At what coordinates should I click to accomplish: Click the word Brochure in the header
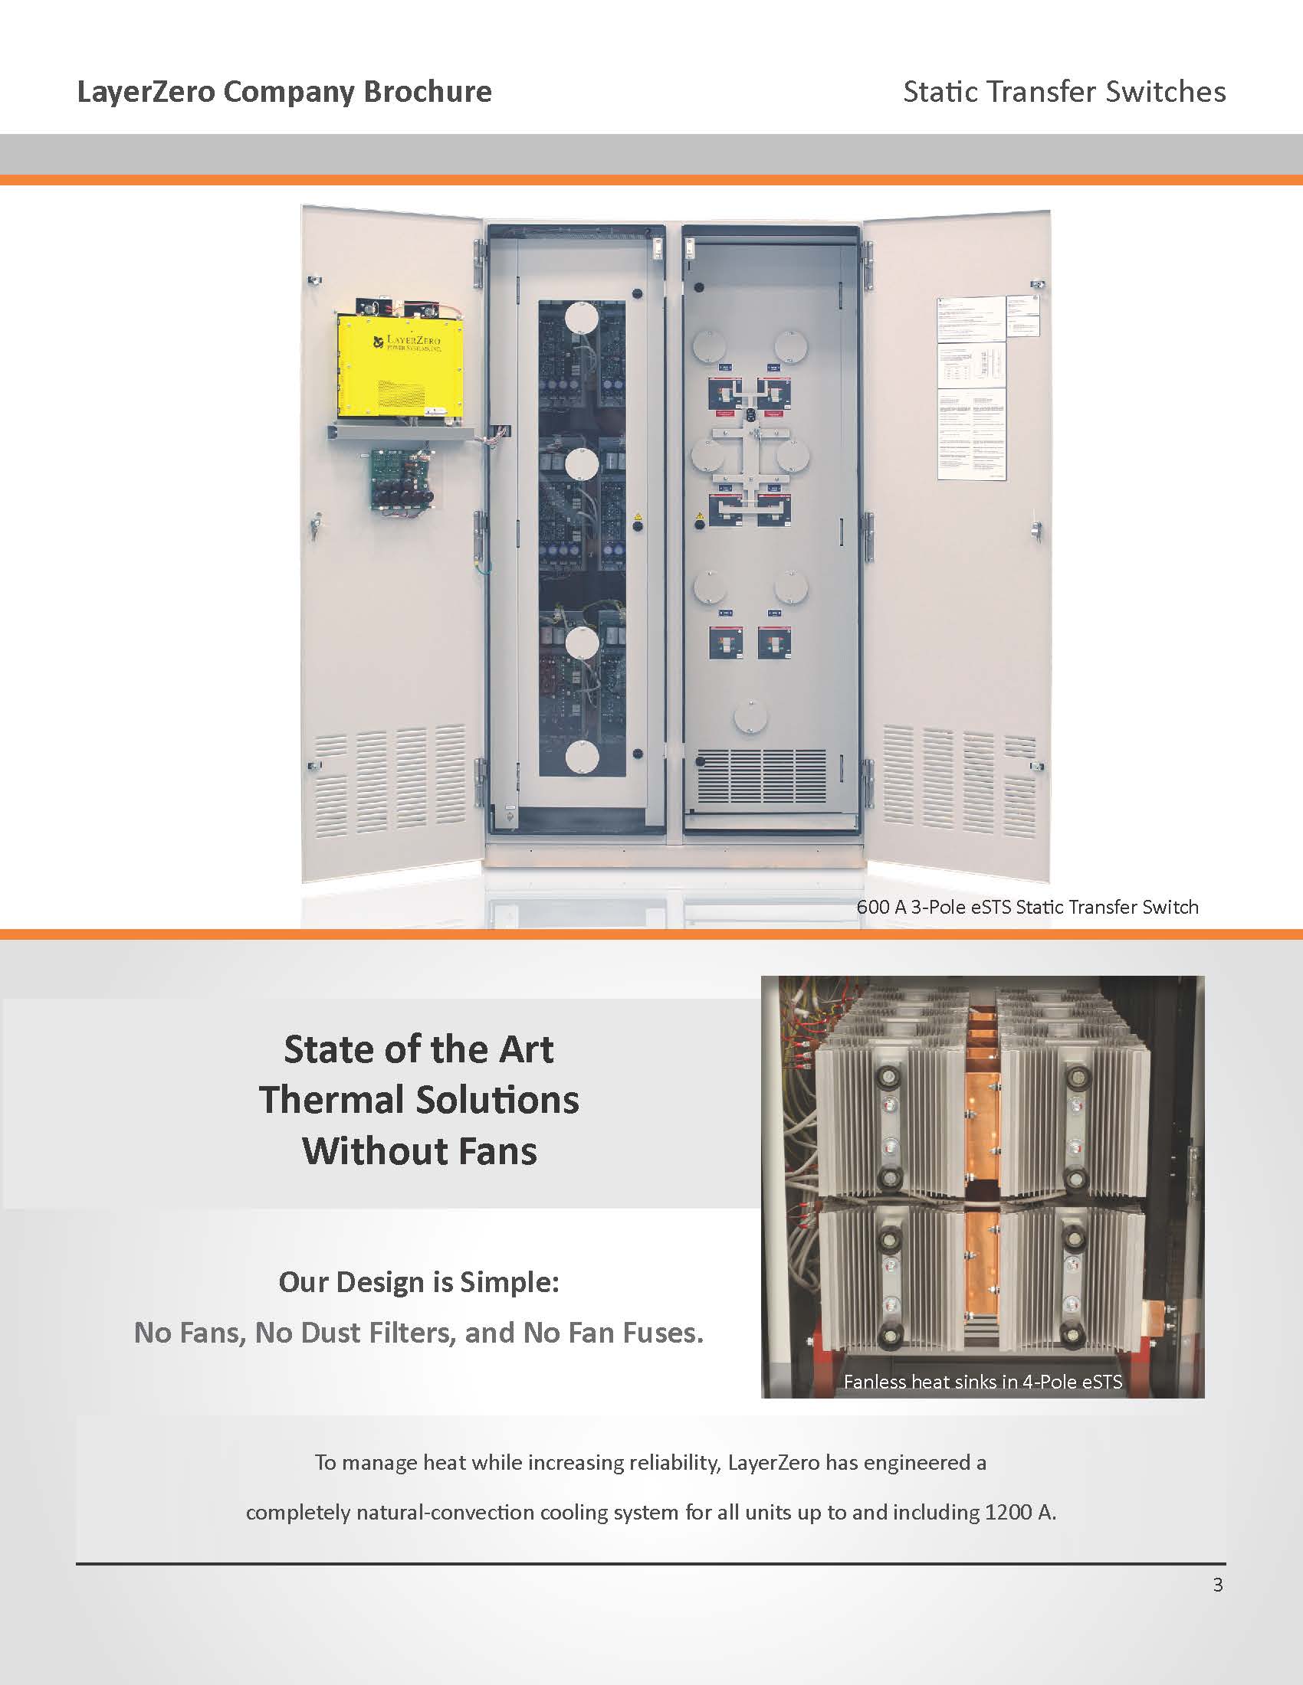click(427, 92)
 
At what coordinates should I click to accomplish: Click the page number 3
click(1218, 1585)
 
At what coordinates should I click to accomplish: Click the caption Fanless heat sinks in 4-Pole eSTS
click(982, 1382)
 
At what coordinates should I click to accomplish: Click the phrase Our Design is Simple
click(418, 1281)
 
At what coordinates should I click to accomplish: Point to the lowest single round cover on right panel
click(750, 717)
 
